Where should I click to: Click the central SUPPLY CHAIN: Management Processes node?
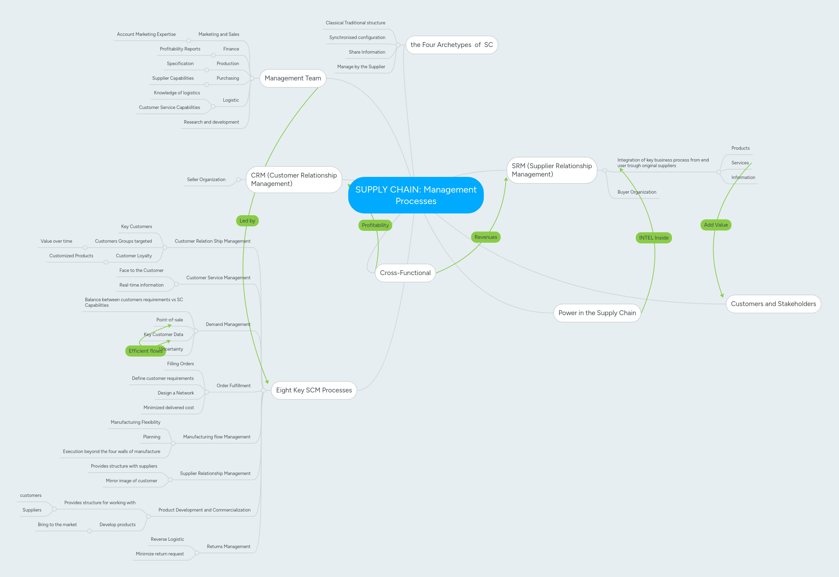416,195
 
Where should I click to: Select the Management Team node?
293,78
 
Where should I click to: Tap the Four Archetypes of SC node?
451,45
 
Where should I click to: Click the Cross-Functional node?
405,273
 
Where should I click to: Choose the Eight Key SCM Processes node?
314,390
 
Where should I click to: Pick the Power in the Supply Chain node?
597,313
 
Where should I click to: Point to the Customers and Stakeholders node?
773,304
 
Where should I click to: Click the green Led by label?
247,221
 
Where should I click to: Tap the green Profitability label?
375,225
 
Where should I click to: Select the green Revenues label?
486,237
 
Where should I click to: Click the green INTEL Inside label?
654,238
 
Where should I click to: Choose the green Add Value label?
715,225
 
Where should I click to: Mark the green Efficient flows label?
145,351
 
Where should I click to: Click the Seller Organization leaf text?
206,180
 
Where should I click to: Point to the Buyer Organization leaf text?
636,192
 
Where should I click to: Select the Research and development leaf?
211,122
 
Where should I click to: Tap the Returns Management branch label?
228,547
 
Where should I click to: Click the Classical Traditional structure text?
355,23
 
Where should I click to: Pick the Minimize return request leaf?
160,554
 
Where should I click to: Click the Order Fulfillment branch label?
233,386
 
